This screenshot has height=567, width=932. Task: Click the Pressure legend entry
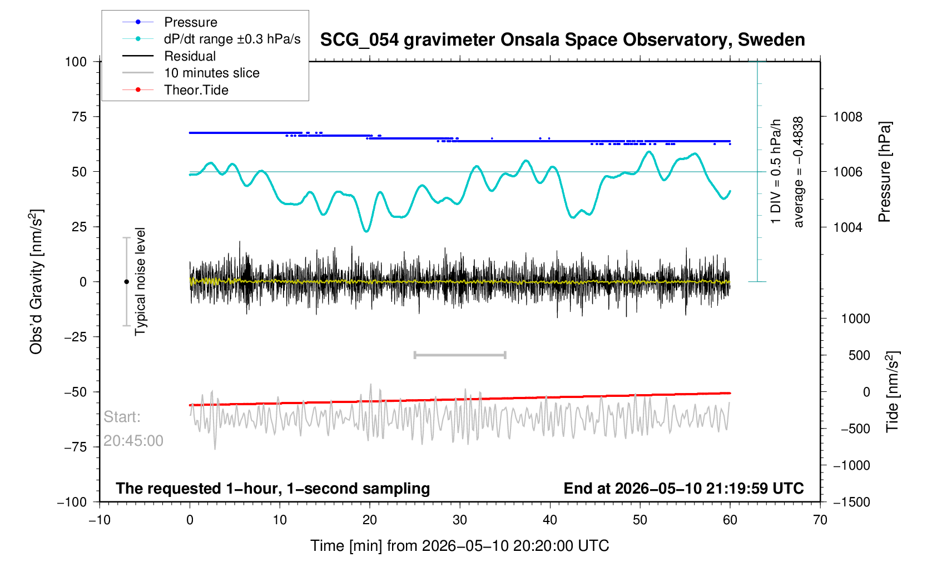point(191,22)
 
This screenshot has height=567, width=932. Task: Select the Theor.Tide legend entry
point(196,90)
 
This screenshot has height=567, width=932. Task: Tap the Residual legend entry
point(190,56)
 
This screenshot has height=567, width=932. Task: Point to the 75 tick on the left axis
point(79,117)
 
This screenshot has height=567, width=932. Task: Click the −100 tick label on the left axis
point(72,502)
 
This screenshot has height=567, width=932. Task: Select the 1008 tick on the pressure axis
point(847,117)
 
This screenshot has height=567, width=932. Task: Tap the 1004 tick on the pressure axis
point(847,227)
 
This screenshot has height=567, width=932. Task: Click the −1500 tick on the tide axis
point(851,502)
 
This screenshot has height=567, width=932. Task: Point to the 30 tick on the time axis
point(460,520)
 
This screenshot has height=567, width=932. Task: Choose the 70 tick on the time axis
point(820,520)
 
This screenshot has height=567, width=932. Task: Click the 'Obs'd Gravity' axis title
point(36,282)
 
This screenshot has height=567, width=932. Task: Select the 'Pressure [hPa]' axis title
point(884,172)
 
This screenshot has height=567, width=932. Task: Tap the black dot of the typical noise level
point(126,282)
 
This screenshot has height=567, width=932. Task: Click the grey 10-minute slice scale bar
point(460,355)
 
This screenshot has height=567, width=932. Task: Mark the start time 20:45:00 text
point(133,441)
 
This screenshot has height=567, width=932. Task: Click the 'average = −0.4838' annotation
point(799,172)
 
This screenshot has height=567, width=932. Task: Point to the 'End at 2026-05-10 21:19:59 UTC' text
point(683,489)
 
